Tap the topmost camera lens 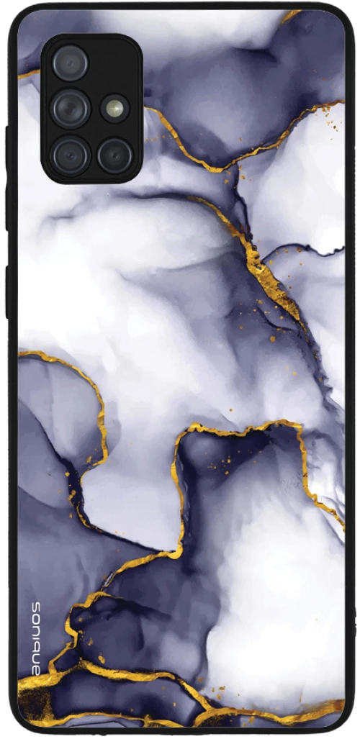71,63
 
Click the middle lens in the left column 71,108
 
